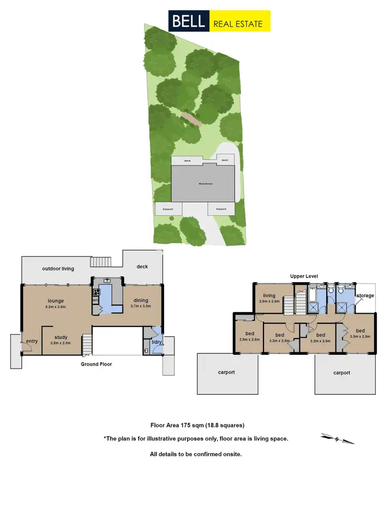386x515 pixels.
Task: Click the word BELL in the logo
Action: [188, 21]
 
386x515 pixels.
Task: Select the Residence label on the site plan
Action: [206, 184]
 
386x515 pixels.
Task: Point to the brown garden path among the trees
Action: [191, 119]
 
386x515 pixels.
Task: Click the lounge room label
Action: [55, 300]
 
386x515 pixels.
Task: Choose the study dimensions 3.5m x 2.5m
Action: [61, 343]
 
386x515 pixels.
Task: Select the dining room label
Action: [141, 300]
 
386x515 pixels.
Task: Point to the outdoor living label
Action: [58, 268]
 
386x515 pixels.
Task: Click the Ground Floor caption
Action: [96, 364]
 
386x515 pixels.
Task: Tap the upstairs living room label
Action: [270, 296]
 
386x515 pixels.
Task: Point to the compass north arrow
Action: [338, 438]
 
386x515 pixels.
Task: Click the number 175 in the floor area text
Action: [186, 425]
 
